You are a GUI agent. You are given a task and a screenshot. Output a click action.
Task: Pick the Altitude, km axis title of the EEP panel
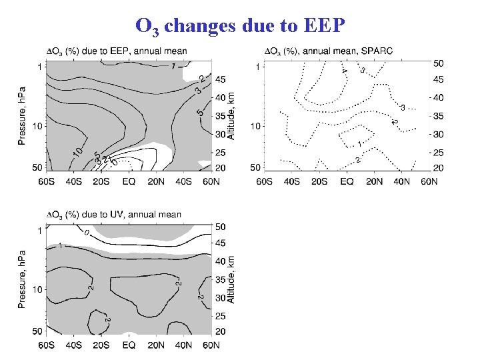click(x=231, y=115)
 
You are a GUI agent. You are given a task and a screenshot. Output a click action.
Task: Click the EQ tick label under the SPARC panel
click(x=347, y=181)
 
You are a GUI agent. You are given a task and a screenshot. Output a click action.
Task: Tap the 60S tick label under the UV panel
click(x=47, y=345)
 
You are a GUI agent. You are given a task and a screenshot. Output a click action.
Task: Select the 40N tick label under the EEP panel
click(x=183, y=181)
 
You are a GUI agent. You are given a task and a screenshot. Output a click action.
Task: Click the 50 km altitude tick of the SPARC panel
click(x=438, y=63)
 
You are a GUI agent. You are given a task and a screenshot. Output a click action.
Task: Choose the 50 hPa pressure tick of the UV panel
click(x=37, y=331)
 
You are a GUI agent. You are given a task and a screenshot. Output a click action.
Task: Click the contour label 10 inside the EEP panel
click(x=77, y=153)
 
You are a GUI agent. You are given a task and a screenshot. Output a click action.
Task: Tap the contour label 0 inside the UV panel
click(x=86, y=233)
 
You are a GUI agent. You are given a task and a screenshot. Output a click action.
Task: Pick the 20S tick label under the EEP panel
click(x=101, y=181)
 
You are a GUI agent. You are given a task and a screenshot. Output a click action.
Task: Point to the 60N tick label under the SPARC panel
click(x=428, y=181)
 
